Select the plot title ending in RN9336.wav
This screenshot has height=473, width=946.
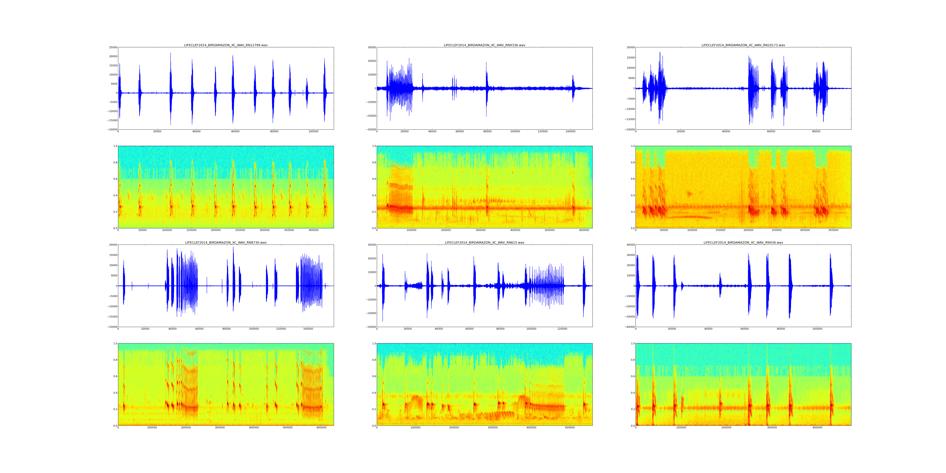coord(484,45)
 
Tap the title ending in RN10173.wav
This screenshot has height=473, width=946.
coord(743,45)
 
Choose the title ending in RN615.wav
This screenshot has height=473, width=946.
coord(484,242)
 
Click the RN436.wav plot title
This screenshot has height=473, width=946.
coord(743,242)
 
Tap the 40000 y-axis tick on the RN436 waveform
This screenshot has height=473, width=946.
coord(630,245)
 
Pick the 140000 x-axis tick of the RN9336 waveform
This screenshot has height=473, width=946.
coord(570,131)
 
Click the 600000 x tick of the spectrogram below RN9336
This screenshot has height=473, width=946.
coord(584,230)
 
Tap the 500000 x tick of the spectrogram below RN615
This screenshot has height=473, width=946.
coord(570,427)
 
